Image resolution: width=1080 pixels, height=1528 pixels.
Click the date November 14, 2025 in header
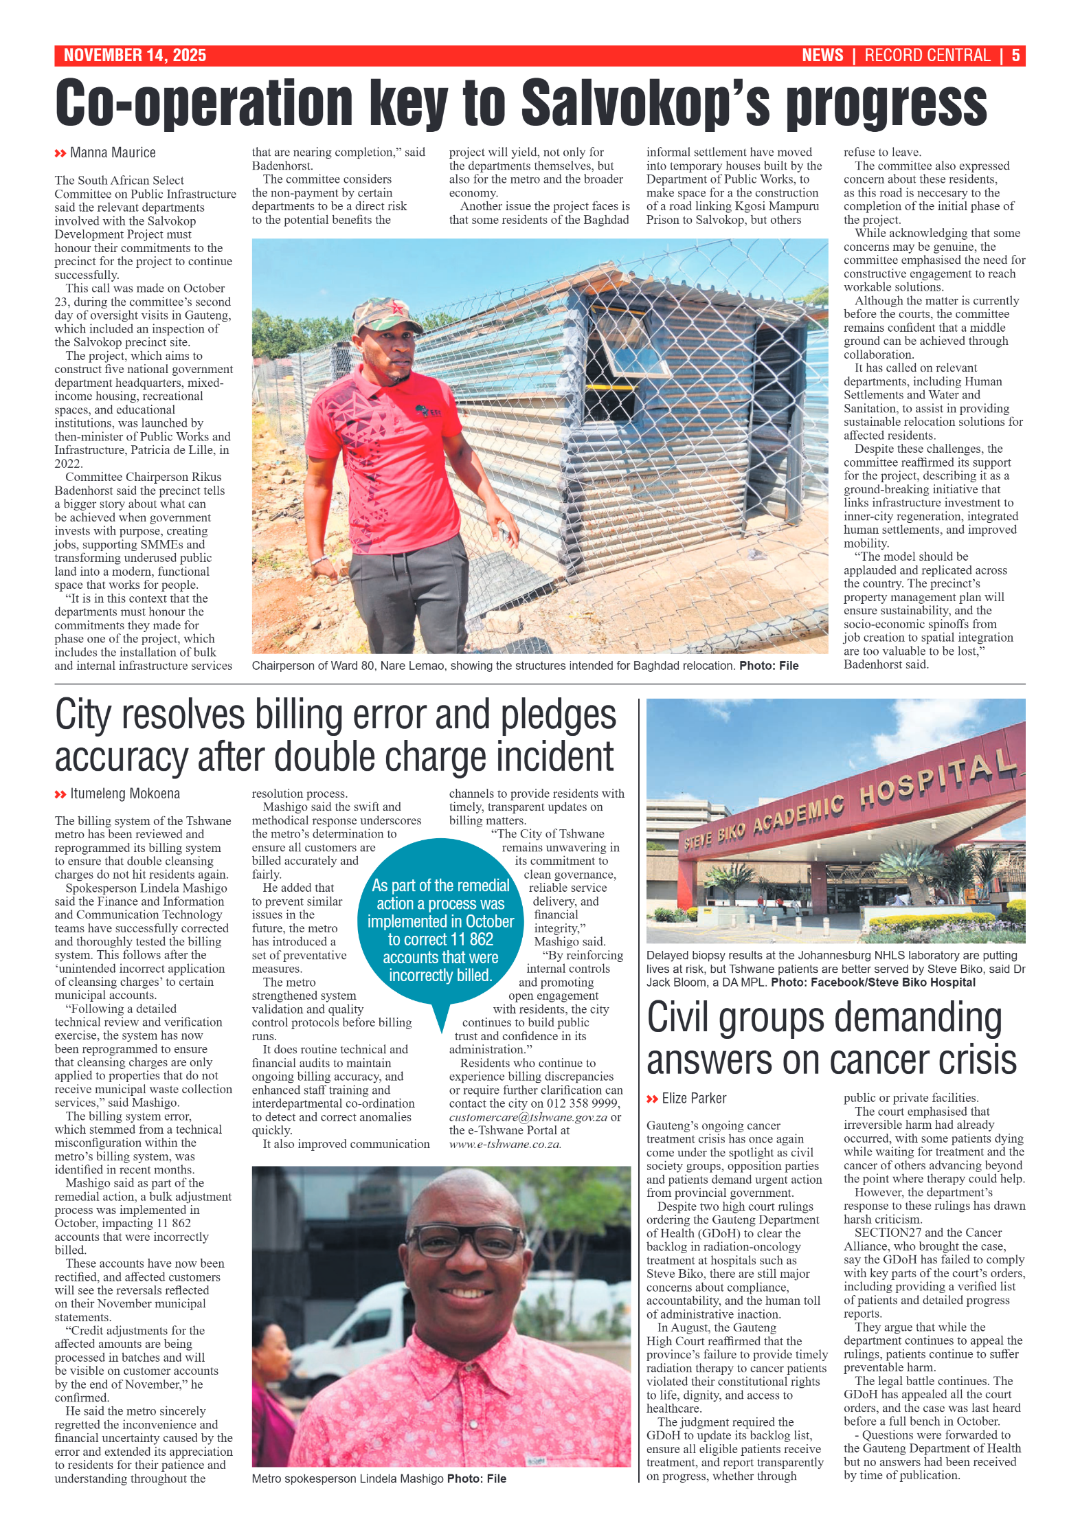click(135, 56)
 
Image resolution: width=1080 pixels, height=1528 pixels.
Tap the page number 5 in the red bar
click(1015, 56)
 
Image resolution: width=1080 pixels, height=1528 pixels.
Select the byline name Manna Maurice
click(113, 153)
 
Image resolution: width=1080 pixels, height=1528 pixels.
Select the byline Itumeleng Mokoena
click(125, 794)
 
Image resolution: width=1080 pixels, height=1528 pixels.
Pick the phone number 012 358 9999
click(583, 1103)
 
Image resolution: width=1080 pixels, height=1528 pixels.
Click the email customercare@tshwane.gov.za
click(528, 1117)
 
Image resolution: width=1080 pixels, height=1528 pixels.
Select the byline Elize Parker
click(694, 1099)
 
